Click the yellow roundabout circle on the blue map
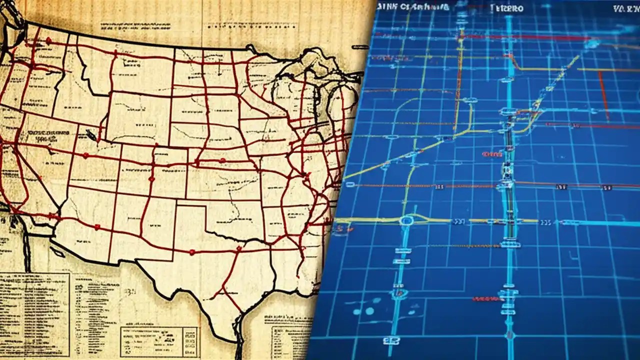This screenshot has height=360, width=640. pos(406,220)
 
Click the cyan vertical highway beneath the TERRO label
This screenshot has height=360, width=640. pos(509,60)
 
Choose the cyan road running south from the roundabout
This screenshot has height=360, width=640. pos(400,280)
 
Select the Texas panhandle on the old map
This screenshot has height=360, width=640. pos(190,220)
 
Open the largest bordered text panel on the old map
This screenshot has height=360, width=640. pos(35,310)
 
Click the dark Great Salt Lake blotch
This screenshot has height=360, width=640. pos(90,134)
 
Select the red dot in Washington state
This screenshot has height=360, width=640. pos(48,40)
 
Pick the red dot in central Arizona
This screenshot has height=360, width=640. pos(96,227)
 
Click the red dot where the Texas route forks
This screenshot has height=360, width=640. pos(239,248)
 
